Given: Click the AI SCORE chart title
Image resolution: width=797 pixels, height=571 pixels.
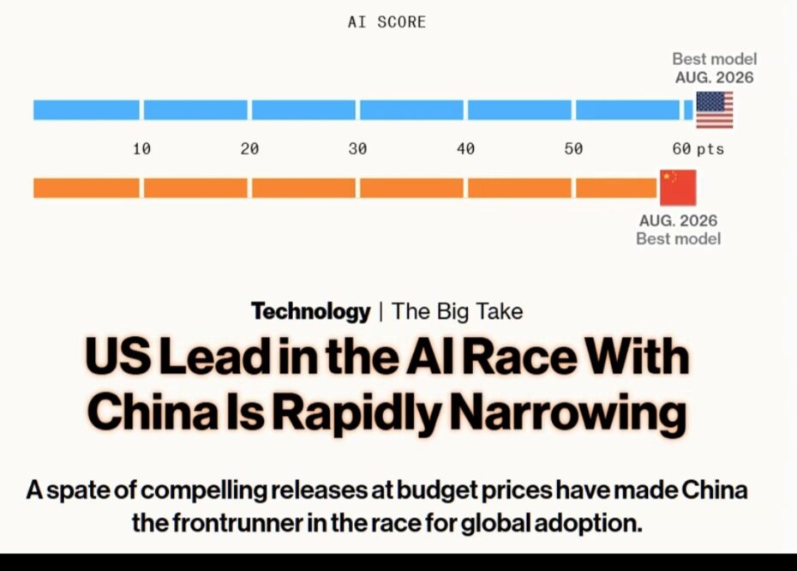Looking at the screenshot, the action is pos(387,22).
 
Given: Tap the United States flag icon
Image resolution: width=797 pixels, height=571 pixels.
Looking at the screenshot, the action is pos(714,110).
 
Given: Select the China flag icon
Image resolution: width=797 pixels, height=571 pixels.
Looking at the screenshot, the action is pos(678,188).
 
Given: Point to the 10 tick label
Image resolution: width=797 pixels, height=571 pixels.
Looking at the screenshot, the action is pos(141,149).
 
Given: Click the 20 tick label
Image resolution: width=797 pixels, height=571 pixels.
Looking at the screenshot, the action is pos(249,149).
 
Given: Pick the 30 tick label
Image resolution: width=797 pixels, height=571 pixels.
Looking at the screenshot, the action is pos(357,149).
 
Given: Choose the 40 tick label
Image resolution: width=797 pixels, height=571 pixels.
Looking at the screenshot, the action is pos(465,149).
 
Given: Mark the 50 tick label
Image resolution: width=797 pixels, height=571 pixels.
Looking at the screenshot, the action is pos(573,149).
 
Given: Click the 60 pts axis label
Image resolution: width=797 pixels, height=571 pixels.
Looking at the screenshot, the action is pos(698,149).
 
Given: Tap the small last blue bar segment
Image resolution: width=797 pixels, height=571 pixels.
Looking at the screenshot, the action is pos(688,110).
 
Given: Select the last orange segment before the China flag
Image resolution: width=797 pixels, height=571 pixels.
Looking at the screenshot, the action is pos(616,188).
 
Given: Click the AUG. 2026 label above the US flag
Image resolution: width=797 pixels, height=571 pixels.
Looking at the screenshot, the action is pos(714,77).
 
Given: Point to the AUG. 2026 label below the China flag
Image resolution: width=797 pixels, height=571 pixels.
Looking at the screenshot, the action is pos(678,220).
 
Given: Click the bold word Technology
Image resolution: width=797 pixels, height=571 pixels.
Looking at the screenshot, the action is pos(310,311).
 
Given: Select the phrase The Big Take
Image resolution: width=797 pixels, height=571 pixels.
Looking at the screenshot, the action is pos(457,311).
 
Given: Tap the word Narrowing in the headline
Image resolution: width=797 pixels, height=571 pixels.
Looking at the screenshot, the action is pos(568,412).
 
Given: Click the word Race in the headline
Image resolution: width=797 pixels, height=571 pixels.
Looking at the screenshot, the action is pos(519,357).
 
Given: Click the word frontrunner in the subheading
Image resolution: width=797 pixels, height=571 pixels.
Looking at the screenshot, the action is pos(237,522).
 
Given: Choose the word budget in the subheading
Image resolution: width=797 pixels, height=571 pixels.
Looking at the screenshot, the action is pos(436,490).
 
